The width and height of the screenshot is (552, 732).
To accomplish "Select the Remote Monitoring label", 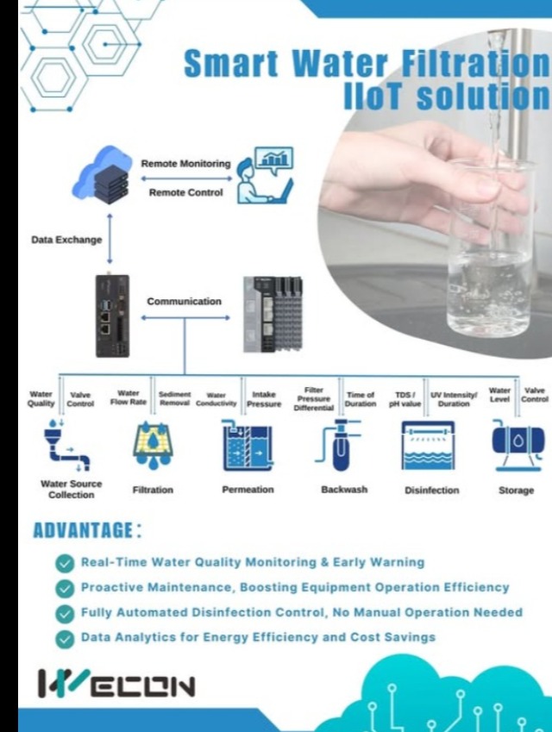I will [x=185, y=163].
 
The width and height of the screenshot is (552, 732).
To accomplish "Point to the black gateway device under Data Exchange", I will [x=112, y=316].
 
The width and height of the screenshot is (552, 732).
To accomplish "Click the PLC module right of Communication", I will [x=273, y=314].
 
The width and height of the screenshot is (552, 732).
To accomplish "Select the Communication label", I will [x=184, y=302].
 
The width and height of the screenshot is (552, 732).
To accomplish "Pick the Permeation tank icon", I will [x=248, y=447].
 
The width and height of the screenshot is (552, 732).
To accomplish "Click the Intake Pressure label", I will [x=264, y=398].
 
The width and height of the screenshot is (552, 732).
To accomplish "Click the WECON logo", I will [x=117, y=685].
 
